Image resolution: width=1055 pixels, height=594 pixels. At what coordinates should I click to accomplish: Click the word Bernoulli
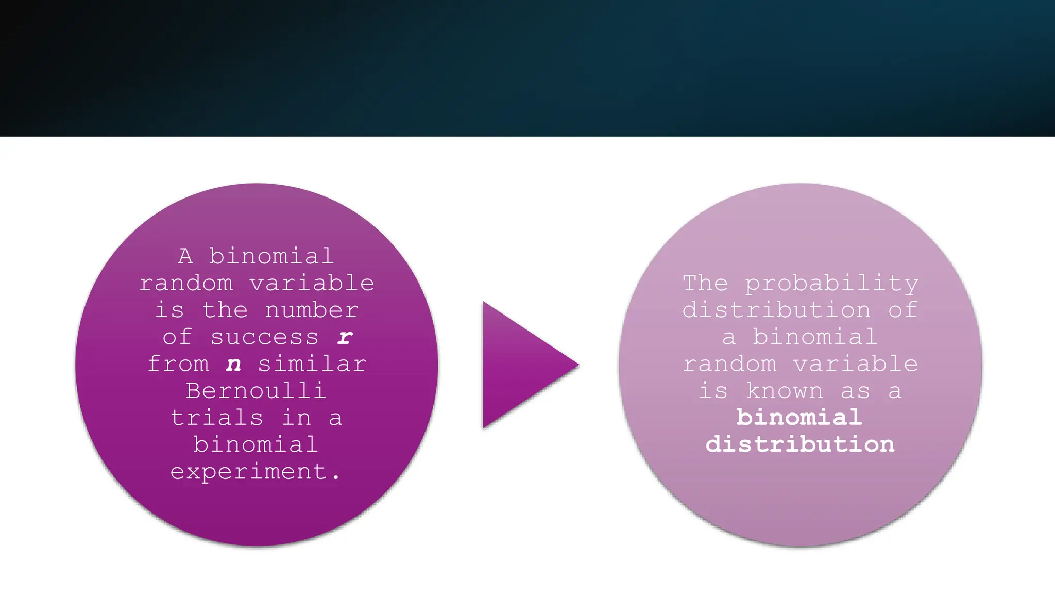click(x=256, y=391)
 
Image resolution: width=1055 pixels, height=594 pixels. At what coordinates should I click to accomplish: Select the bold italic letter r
click(x=345, y=337)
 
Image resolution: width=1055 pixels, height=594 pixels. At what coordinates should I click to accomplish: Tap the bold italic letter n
click(x=233, y=364)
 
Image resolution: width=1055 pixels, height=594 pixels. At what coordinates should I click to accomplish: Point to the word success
click(x=264, y=337)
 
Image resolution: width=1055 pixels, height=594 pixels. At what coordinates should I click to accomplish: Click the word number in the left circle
click(x=312, y=310)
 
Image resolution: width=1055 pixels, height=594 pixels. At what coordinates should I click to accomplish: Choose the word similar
click(x=312, y=364)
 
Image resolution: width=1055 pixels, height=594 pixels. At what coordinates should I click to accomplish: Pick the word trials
click(x=217, y=418)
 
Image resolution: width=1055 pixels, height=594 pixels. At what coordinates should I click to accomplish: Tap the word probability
click(x=831, y=284)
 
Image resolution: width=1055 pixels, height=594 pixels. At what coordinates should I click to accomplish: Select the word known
click(x=785, y=391)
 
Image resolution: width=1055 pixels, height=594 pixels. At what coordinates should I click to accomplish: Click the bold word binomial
click(x=799, y=418)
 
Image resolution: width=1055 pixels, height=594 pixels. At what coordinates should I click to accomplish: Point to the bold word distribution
click(x=800, y=444)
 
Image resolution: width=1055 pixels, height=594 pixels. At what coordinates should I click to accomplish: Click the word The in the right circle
click(x=705, y=283)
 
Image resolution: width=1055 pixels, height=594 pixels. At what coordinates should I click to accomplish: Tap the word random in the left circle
click(x=186, y=283)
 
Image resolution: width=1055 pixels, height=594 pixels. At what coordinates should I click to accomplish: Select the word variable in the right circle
click(x=855, y=364)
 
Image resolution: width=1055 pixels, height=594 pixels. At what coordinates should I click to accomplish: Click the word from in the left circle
click(x=178, y=364)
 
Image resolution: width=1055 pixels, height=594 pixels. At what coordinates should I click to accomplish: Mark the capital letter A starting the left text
click(x=185, y=256)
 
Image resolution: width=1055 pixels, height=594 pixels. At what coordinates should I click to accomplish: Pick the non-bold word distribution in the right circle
click(x=776, y=310)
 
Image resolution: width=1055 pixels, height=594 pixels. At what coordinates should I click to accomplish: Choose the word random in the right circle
click(x=729, y=364)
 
